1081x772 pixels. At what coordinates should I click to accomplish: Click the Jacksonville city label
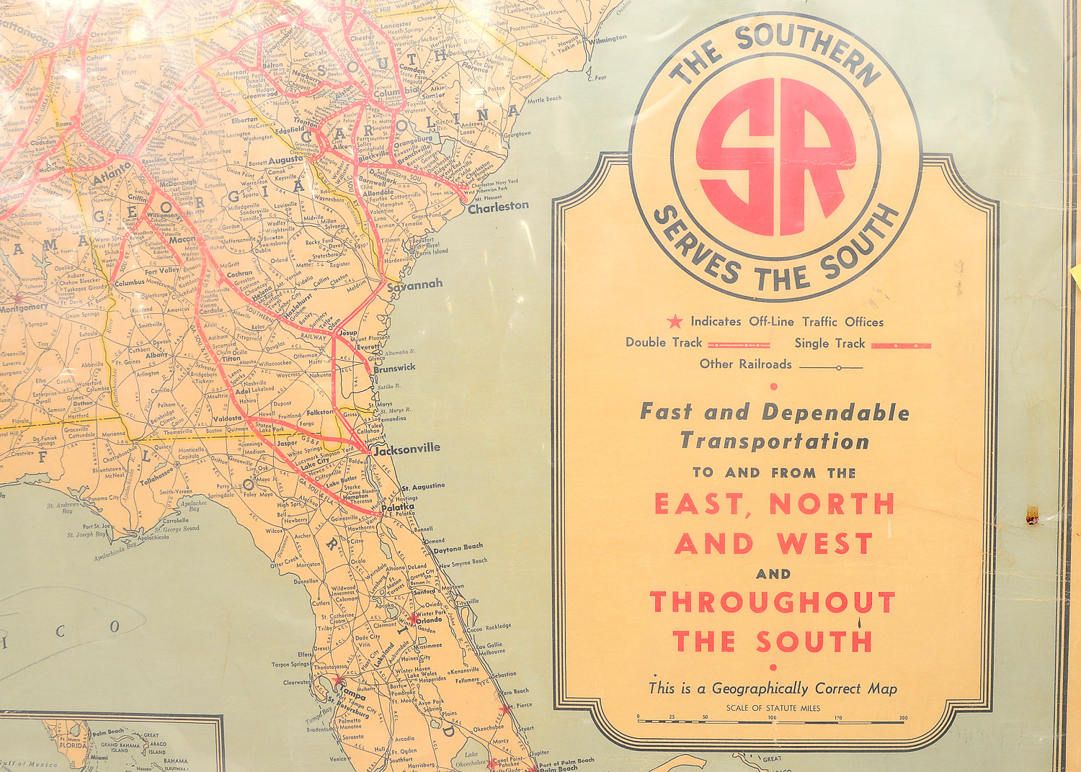(x=407, y=449)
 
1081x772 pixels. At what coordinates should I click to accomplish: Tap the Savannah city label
(x=415, y=285)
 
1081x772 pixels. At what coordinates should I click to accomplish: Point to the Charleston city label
(x=498, y=207)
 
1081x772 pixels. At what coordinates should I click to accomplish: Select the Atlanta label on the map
(x=112, y=173)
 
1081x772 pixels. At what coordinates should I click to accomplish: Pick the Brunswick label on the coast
(x=394, y=369)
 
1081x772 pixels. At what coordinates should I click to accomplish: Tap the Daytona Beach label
(x=458, y=549)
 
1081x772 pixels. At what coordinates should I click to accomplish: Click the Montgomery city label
(x=23, y=308)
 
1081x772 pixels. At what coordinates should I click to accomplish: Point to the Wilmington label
(x=607, y=40)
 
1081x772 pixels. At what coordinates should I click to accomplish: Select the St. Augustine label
(x=423, y=487)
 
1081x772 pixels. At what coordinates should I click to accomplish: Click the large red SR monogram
(x=776, y=157)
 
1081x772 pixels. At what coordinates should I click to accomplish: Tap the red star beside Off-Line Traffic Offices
(x=675, y=322)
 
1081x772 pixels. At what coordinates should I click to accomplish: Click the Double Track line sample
(x=739, y=344)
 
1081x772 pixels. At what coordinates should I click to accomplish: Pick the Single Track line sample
(x=901, y=346)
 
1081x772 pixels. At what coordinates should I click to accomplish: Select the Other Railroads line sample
(x=831, y=367)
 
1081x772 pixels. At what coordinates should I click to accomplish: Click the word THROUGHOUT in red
(x=773, y=602)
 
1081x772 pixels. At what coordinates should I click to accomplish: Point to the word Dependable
(x=836, y=413)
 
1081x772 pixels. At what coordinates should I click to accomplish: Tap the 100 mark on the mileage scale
(x=772, y=718)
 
